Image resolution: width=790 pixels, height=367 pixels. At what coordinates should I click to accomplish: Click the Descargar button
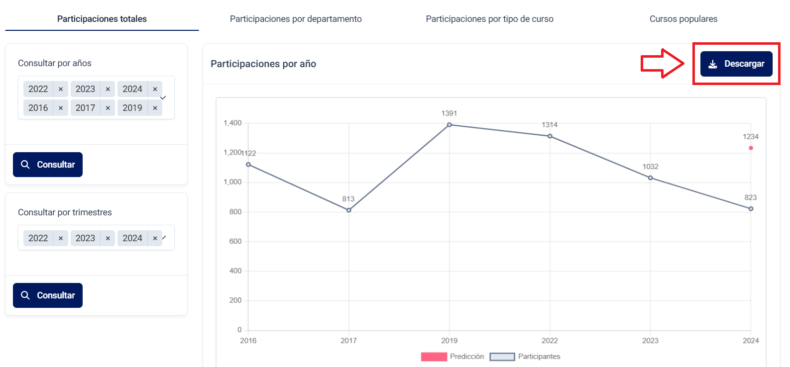point(736,64)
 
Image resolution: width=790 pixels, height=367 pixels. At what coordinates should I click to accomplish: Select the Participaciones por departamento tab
point(296,19)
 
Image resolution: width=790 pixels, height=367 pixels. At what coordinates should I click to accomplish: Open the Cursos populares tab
point(683,19)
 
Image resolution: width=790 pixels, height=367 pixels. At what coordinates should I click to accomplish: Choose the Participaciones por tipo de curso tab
point(489,19)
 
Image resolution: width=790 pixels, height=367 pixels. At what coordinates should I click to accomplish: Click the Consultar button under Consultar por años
point(48,165)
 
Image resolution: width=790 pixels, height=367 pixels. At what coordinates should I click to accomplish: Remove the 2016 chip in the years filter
point(61,108)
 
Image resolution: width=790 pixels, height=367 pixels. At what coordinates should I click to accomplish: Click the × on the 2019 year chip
point(155,108)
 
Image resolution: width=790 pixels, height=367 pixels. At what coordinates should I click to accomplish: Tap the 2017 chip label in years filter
point(85,108)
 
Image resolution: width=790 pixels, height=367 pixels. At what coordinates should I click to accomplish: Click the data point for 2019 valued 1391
point(449,125)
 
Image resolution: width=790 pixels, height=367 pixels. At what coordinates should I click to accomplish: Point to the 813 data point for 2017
point(348,210)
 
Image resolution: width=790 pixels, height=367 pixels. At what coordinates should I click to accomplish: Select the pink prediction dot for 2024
point(751,148)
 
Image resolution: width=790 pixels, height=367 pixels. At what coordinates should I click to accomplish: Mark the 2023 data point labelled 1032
point(650,178)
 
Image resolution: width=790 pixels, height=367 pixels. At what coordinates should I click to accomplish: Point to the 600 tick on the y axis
point(235,241)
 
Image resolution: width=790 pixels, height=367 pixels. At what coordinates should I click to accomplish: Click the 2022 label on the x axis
point(550,341)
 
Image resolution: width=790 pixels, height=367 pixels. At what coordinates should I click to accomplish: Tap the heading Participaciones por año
point(263,64)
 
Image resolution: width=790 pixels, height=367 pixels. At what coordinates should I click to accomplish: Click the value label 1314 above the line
point(550,125)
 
